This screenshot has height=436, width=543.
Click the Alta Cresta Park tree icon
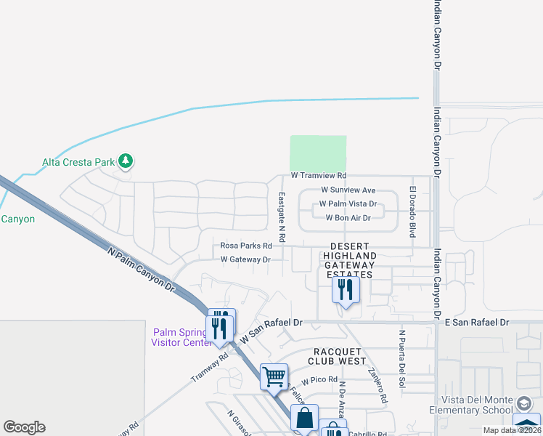(x=126, y=161)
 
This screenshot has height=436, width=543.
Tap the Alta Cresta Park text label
(x=78, y=162)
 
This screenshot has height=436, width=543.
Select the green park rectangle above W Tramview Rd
(x=318, y=153)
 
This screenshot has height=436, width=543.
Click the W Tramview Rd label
(x=319, y=176)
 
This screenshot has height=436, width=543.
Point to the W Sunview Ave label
(x=348, y=190)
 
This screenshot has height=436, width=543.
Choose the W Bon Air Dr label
(x=348, y=217)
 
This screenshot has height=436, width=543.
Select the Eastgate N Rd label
(x=282, y=217)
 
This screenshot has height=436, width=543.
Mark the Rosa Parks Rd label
(x=246, y=246)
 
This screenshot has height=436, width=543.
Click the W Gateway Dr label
(x=245, y=259)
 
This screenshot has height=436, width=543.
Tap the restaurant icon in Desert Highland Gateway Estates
(x=346, y=290)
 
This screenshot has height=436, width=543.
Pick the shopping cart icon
(x=274, y=376)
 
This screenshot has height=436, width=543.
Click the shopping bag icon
(x=305, y=418)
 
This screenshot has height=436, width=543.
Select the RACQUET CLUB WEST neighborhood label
(x=337, y=355)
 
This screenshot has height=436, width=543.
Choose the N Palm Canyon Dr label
(x=142, y=270)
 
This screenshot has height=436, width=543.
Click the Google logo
(x=24, y=427)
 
